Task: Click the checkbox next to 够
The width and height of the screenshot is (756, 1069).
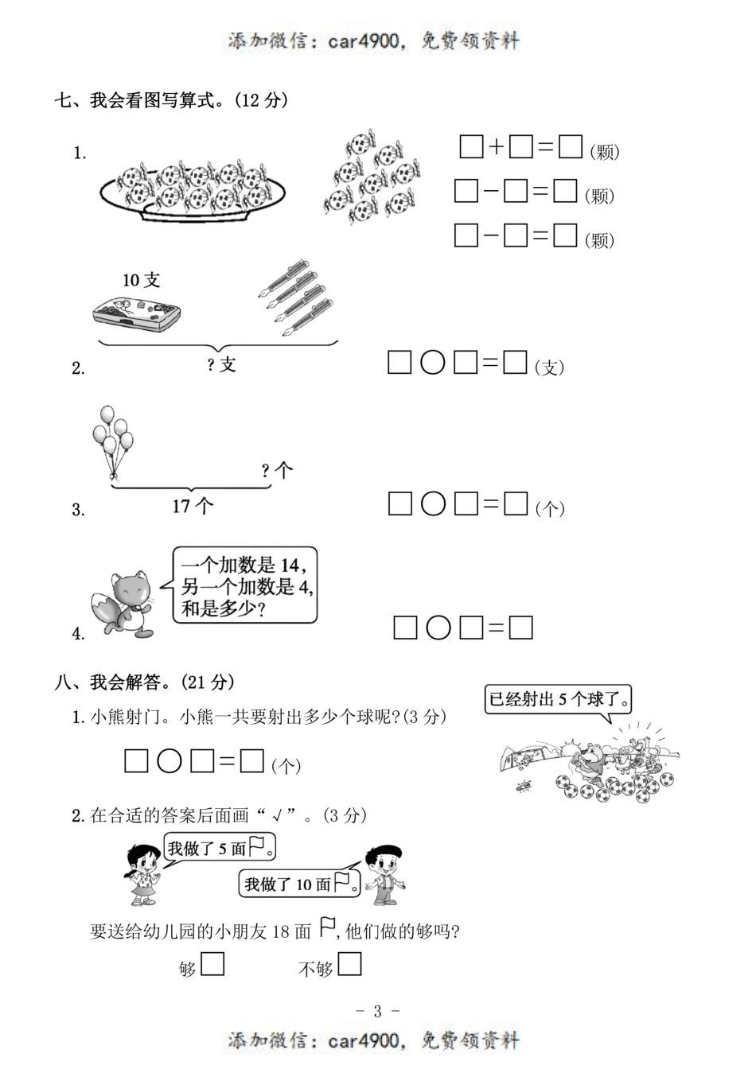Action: point(212,965)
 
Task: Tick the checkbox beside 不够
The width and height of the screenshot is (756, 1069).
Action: point(349,965)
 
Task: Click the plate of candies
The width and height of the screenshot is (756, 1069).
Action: point(193,189)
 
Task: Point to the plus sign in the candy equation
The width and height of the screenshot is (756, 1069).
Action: point(496,147)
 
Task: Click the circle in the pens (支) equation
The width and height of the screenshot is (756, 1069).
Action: point(432,363)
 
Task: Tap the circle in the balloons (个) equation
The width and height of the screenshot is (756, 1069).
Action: point(432,503)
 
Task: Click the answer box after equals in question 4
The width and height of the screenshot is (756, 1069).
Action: point(520,628)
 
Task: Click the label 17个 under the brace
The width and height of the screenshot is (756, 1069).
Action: point(193,505)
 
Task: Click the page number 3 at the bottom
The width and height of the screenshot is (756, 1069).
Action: point(377,1011)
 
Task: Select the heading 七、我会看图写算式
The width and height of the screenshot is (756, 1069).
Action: point(170,101)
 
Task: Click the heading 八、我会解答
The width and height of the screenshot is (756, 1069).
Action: point(144,682)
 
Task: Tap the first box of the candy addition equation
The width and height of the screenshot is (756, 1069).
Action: point(471,147)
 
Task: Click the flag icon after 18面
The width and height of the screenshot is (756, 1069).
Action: point(327,927)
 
